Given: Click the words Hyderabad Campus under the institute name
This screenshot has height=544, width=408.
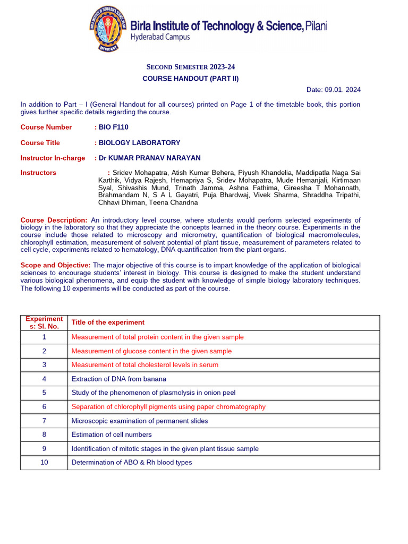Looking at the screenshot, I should (160, 37).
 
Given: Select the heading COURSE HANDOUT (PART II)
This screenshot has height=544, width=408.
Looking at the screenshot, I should (191, 79).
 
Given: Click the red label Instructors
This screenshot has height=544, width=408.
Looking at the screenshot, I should (38, 173).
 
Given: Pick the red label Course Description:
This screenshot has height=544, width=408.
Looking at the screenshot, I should (54, 220).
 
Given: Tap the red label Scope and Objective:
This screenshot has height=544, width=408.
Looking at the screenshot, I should (55, 265).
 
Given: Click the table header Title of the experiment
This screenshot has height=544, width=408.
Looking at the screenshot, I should (108, 322).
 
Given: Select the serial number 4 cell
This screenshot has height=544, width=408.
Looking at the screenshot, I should (45, 379).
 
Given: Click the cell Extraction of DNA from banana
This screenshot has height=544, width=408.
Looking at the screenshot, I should (119, 379).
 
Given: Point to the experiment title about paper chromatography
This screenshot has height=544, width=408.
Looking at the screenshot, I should (168, 407).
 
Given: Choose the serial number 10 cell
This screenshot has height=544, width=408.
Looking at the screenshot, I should (45, 463).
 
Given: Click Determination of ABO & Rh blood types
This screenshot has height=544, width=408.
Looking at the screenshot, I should (132, 463).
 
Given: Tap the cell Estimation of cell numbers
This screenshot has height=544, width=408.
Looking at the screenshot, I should (112, 435).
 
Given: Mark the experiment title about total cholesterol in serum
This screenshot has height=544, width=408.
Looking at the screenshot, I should (145, 365).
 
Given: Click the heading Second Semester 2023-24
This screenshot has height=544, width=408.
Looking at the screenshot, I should (191, 67).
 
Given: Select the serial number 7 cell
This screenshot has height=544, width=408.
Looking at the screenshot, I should (45, 421).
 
